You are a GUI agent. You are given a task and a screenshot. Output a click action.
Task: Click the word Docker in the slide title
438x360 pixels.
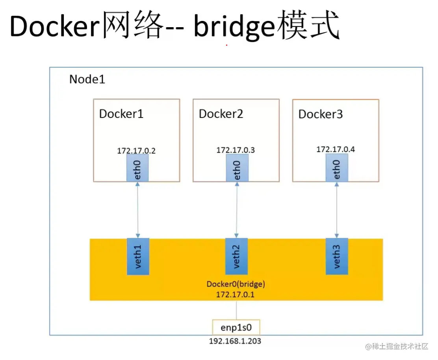tap(54, 27)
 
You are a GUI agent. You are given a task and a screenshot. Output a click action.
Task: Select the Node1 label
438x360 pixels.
tap(87, 79)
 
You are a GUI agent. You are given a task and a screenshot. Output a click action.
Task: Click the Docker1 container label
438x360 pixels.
tap(121, 114)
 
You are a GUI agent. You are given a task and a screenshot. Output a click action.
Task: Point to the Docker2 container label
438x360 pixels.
tap(221, 114)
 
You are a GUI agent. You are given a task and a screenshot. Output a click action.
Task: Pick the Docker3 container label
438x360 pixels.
tap(320, 114)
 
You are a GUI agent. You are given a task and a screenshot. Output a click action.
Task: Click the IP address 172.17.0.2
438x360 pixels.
tap(136, 151)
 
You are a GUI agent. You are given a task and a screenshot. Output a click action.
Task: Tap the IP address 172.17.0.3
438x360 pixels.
tap(236, 150)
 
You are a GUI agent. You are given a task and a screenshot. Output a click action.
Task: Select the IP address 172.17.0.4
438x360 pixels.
tap(336, 149)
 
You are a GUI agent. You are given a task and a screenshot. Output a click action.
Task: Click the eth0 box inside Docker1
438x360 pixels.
tap(137, 168)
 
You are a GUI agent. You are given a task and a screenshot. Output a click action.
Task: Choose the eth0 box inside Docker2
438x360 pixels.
tap(237, 168)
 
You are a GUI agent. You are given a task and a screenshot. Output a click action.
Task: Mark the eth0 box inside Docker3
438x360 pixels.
tap(337, 168)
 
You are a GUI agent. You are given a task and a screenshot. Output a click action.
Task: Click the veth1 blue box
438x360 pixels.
tap(137, 256)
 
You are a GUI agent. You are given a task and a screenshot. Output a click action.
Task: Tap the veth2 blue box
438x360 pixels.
tap(236, 256)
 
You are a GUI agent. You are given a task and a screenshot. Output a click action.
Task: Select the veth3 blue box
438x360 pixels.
tap(337, 256)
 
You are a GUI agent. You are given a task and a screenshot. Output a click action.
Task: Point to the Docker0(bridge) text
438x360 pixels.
tap(236, 284)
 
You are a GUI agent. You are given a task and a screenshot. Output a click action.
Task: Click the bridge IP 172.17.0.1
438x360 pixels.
tap(236, 294)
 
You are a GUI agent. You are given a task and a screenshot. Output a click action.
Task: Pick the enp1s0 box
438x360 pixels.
tap(236, 327)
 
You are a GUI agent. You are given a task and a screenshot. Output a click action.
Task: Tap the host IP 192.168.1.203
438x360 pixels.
tap(235, 341)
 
